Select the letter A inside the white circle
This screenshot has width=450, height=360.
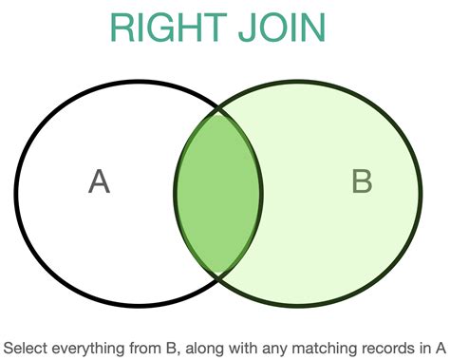(99, 180)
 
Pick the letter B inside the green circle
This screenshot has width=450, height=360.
(362, 180)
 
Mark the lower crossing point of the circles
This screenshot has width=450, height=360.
(219, 275)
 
